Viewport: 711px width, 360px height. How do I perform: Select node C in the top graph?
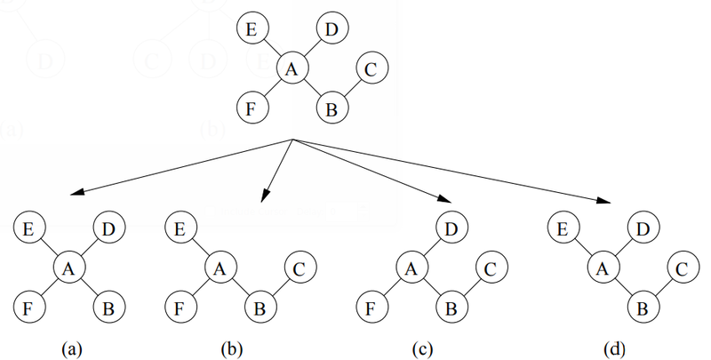pyautogui.click(x=371, y=68)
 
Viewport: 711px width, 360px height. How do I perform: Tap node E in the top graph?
pyautogui.click(x=252, y=30)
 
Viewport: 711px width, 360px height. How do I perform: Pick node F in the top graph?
pyautogui.click(x=252, y=109)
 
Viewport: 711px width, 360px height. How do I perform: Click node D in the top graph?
pyautogui.click(x=331, y=30)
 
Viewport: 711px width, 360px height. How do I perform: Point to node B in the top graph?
pyautogui.click(x=332, y=109)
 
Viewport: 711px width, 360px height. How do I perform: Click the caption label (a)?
pyautogui.click(x=71, y=348)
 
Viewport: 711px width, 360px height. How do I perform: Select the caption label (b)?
pyautogui.click(x=229, y=348)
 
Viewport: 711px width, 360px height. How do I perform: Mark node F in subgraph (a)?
pyautogui.click(x=28, y=308)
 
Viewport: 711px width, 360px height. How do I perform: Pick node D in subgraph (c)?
pyautogui.click(x=451, y=228)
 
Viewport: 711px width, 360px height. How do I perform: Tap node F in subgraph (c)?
pyautogui.click(x=371, y=308)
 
